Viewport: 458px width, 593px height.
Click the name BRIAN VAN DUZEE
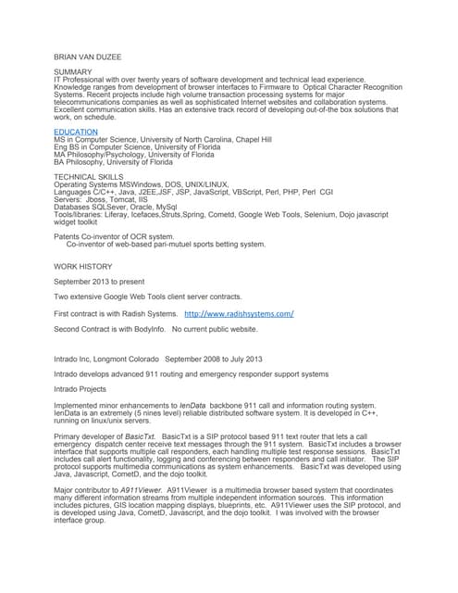88,57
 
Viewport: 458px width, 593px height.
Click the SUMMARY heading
73,71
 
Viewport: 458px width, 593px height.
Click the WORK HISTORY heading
83,266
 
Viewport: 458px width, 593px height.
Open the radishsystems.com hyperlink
239,314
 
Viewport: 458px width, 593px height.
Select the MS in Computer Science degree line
163,140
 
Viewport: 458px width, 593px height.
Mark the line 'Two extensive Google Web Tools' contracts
148,296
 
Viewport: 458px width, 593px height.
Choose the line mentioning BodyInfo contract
155,329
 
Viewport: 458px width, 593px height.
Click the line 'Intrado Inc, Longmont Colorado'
158,359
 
